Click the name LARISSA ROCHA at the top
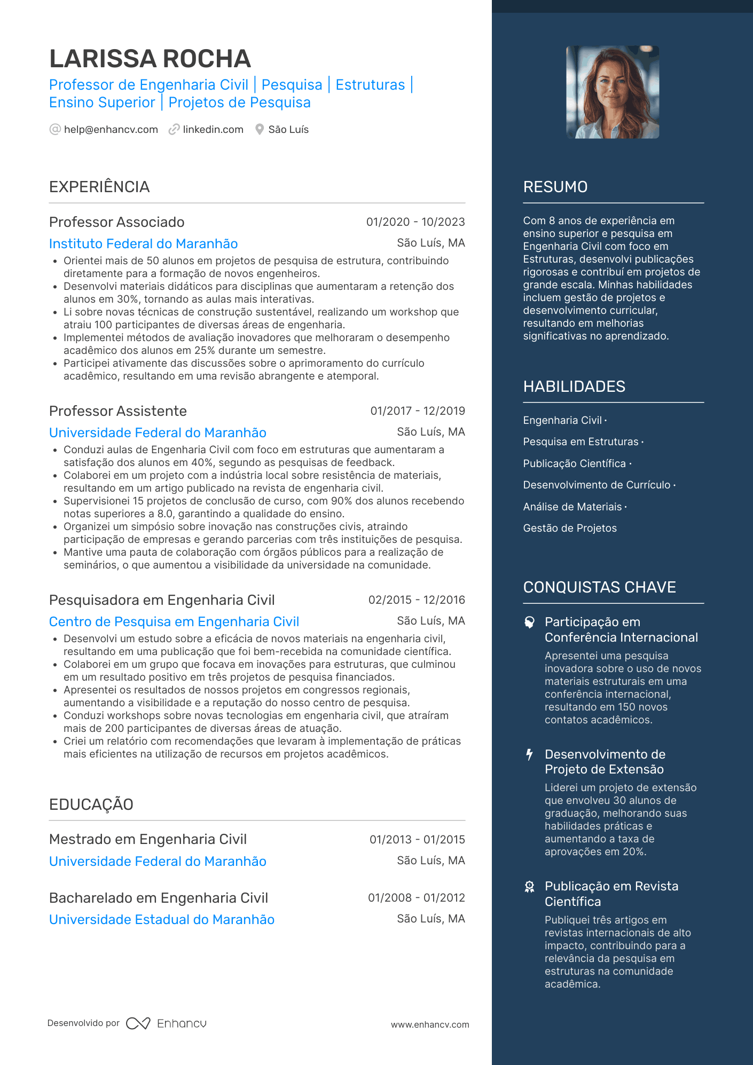150,59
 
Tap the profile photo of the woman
613,92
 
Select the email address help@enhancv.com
111,130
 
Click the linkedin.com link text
213,130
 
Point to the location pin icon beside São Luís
260,130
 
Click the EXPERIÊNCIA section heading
99,187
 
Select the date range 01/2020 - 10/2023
415,222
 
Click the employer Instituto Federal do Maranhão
143,244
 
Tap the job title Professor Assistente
118,411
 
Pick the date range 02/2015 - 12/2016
417,600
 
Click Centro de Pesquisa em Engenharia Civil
174,622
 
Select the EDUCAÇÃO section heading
91,804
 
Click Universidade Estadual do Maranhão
162,920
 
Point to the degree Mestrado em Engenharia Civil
148,839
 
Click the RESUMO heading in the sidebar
555,187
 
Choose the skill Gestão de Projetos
570,528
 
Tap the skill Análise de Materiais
572,507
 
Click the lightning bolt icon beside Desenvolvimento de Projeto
529,754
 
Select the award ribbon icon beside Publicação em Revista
529,887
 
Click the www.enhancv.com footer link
430,1024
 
